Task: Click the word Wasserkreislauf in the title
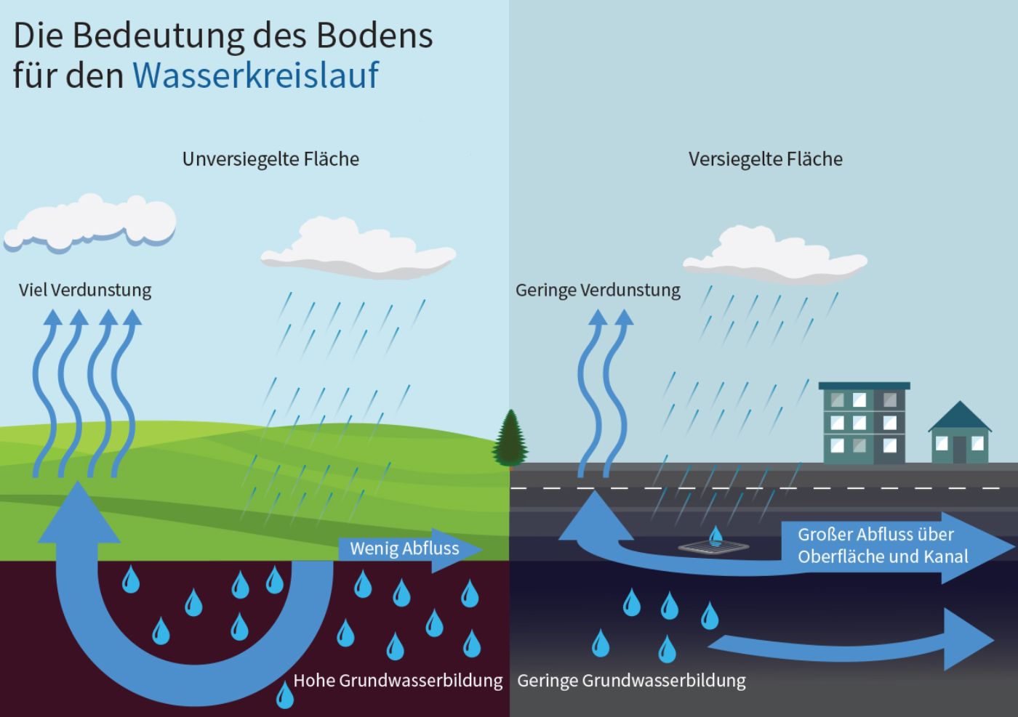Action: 255,75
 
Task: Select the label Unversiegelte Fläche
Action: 270,159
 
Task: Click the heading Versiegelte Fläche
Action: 765,159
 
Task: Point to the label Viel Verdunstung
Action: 85,290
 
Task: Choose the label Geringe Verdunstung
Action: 598,290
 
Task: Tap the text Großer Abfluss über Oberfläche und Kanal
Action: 883,546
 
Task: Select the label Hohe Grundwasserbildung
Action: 398,681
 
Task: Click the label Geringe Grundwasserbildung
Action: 631,681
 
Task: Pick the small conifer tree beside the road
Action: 510,438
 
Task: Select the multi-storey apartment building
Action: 864,424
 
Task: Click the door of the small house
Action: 960,449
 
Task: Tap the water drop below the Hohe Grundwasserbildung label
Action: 284,695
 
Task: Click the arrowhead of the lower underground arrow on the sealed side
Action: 967,639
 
